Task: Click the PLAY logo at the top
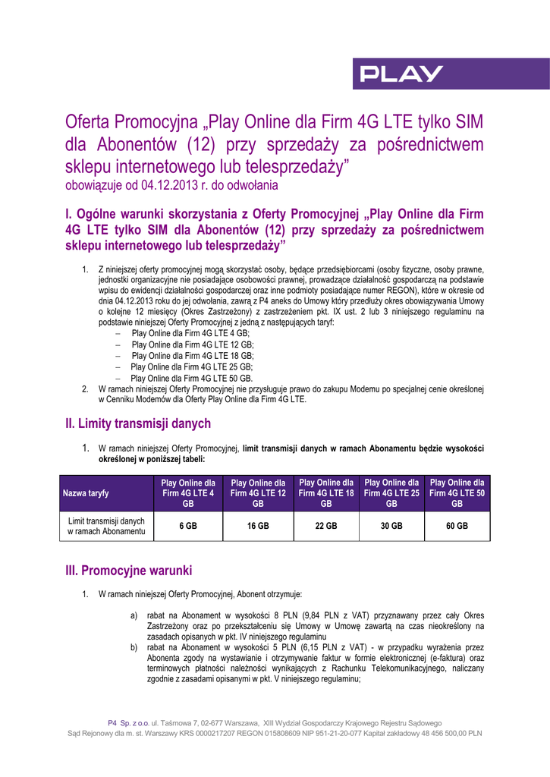[401, 74]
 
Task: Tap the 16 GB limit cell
[258, 526]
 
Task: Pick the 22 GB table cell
[326, 526]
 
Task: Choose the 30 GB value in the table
[391, 526]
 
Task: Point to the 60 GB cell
[457, 526]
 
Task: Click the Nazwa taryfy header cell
[86, 493]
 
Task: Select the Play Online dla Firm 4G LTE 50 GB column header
[457, 492]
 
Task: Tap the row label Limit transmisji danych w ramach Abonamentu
[106, 526]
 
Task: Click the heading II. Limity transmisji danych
[138, 423]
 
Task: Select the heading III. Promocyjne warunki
[129, 570]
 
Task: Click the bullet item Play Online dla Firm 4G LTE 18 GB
[192, 355]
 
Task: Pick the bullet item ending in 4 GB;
[190, 333]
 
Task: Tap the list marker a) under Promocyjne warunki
[134, 615]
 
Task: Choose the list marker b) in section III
[134, 647]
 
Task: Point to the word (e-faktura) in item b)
[445, 658]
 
